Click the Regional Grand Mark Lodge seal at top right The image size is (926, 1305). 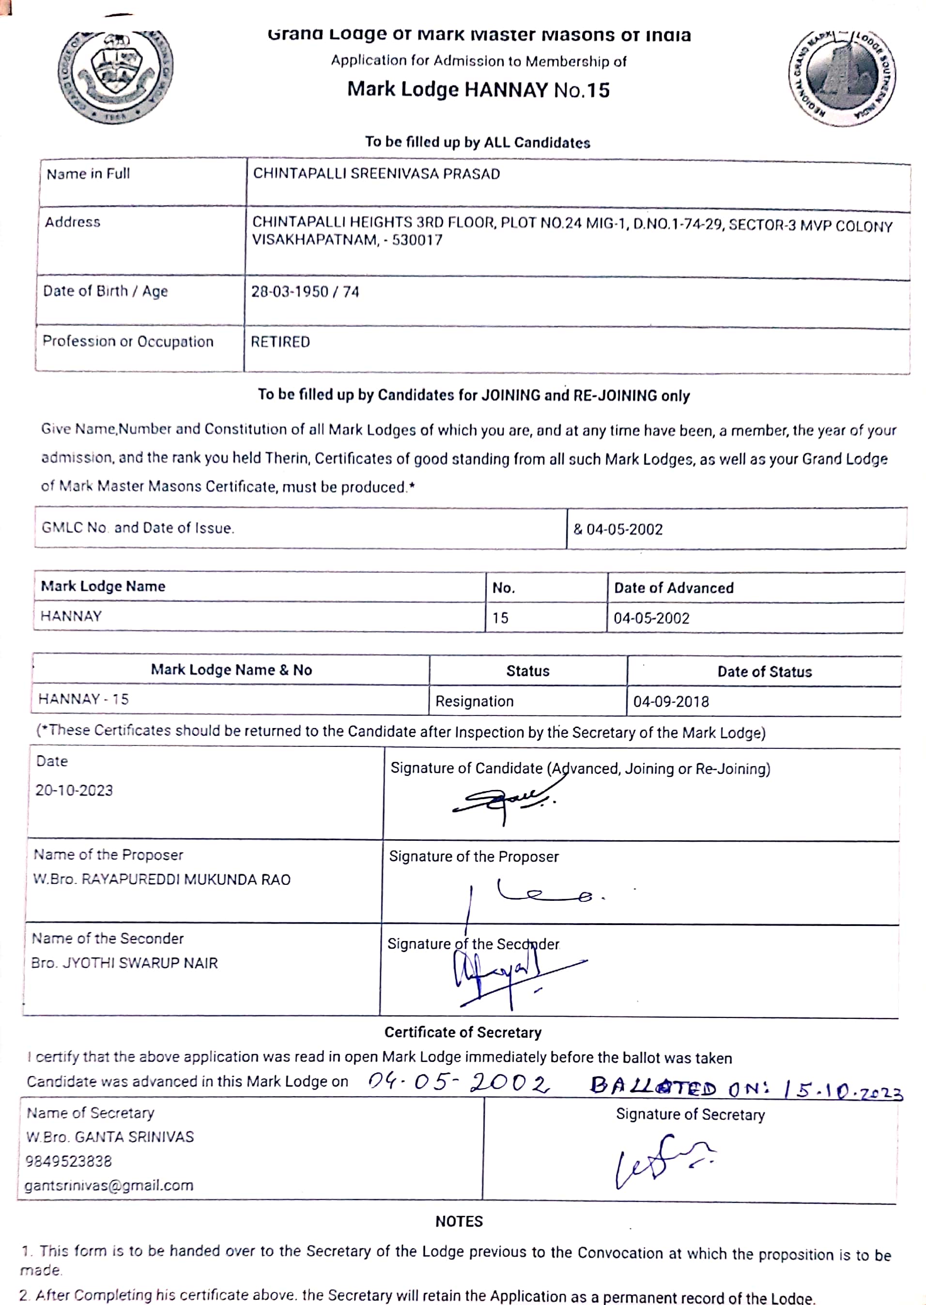pos(842,78)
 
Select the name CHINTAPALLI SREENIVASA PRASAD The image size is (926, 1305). pos(376,174)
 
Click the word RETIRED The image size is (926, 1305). pos(280,342)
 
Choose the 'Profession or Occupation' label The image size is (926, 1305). pos(128,341)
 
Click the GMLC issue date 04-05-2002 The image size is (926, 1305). pos(624,530)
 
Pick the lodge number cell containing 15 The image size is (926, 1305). pos(500,618)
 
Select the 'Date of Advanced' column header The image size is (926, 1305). pos(673,588)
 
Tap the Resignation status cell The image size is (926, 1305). pos(475,701)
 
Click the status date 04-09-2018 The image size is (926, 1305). pos(671,701)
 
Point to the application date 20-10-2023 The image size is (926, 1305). pos(74,790)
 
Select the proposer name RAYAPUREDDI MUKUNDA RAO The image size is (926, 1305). pos(186,880)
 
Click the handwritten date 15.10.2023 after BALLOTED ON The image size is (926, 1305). pos(843,1090)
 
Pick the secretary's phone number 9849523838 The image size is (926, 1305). pos(68,1161)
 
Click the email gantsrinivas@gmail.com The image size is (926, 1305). pos(109,1185)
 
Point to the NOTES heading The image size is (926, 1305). pos(459,1221)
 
